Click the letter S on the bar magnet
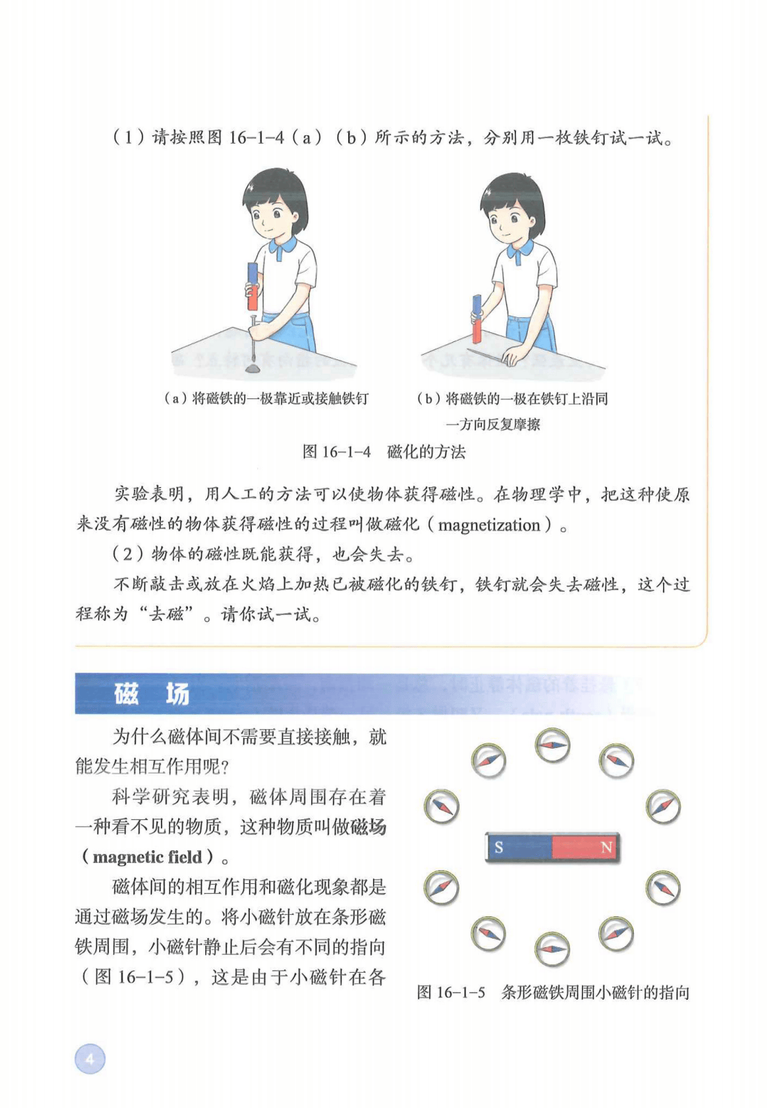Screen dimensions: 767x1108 [499, 847]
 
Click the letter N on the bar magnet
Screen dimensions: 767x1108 [606, 847]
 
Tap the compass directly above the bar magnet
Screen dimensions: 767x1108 [552, 745]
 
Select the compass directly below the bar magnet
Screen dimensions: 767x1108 [552, 949]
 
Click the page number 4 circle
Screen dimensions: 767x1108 [90, 1059]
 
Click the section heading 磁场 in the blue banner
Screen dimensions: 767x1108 [151, 694]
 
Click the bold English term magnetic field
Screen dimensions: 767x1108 [147, 856]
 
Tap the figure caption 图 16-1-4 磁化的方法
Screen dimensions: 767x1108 [384, 451]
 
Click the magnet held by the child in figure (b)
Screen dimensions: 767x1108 [477, 319]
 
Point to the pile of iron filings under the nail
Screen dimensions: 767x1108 [253, 368]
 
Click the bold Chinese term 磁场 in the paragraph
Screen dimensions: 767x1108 [368, 827]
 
